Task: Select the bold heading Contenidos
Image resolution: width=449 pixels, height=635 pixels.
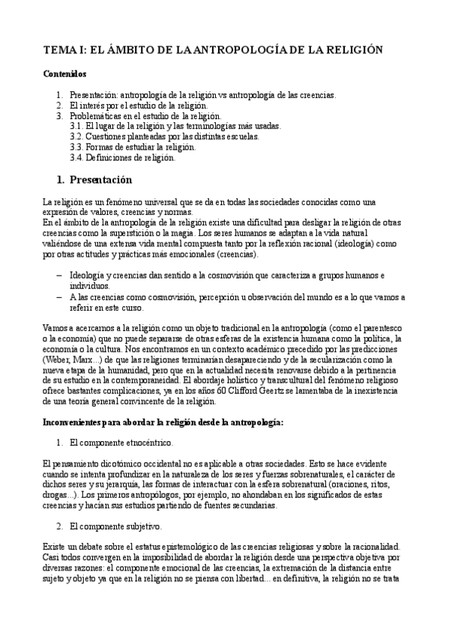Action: click(64, 75)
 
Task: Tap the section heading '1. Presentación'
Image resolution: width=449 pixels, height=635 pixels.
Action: click(95, 180)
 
